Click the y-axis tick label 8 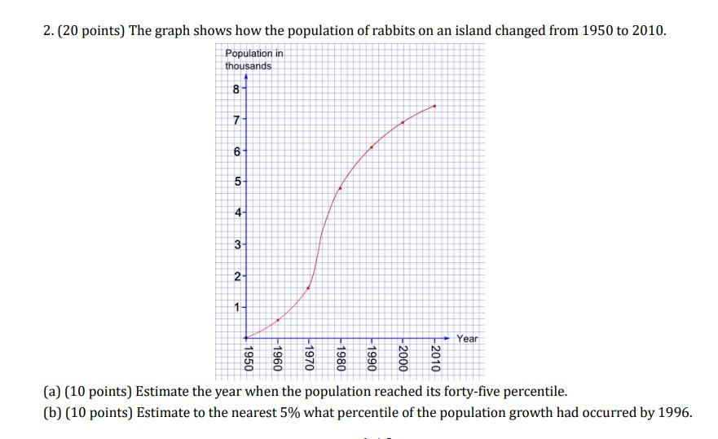pos(236,90)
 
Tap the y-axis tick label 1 pos(236,307)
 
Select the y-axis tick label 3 pos(236,245)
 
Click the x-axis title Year pos(468,339)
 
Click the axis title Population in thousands pos(253,59)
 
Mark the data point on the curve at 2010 pos(435,106)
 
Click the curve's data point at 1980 pos(340,188)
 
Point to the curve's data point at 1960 pos(278,320)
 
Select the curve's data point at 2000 pos(403,122)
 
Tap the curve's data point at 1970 pos(309,288)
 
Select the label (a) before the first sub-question pos(51,391)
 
